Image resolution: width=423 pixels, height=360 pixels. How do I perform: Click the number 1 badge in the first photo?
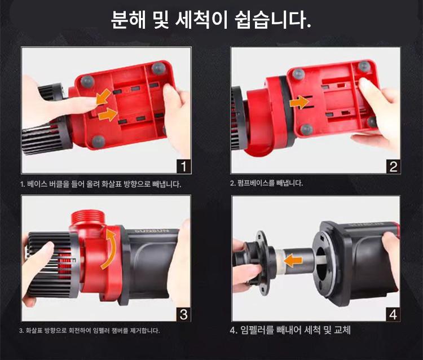click(184, 166)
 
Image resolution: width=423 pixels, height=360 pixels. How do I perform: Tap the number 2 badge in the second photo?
click(393, 166)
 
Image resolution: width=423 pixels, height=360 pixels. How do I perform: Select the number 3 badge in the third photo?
click(183, 314)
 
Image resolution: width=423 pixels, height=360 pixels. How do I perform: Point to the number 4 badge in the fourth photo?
click(393, 315)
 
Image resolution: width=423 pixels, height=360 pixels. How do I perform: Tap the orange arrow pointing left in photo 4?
click(293, 261)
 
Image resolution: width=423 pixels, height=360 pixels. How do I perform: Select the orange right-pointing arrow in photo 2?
click(299, 103)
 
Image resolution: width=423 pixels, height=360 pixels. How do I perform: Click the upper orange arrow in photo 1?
click(103, 97)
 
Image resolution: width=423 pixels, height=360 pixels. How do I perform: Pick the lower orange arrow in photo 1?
click(108, 115)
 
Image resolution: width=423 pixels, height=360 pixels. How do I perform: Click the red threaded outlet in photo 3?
click(87, 217)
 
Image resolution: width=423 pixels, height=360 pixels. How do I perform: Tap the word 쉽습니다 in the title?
click(273, 20)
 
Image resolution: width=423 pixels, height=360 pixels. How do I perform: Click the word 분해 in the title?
click(128, 20)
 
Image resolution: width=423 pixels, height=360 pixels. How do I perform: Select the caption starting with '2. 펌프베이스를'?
click(267, 183)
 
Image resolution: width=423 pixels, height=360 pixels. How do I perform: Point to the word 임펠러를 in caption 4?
click(257, 330)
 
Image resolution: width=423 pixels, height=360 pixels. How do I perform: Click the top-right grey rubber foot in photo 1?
click(158, 68)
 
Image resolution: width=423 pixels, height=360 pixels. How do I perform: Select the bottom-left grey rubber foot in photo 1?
click(98, 141)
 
